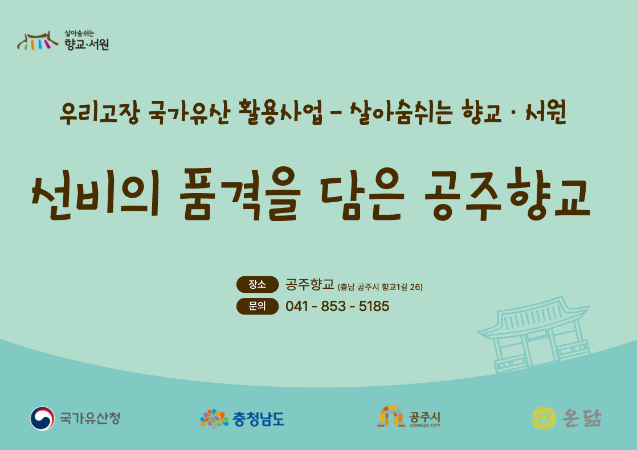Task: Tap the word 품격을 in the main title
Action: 240,194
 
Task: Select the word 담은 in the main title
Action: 362,194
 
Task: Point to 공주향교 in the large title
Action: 507,195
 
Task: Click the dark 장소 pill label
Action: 258,284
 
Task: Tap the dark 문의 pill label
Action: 258,306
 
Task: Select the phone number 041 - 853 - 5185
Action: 337,306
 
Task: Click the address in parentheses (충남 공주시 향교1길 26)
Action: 380,287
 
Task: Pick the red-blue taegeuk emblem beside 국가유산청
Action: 42,418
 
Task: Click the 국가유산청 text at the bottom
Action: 90,418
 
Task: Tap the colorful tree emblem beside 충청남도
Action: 214,419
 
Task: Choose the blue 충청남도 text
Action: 258,419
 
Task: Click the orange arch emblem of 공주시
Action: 391,416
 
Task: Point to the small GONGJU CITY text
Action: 425,426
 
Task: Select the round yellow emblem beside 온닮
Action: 544,418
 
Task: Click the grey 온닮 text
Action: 582,418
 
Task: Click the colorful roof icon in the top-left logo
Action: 38,40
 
